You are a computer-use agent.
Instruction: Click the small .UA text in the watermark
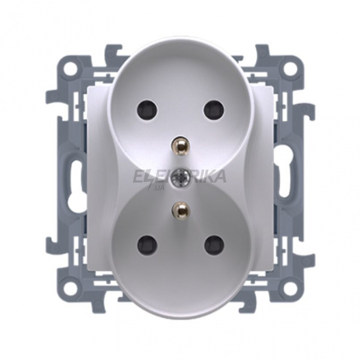(158, 189)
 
